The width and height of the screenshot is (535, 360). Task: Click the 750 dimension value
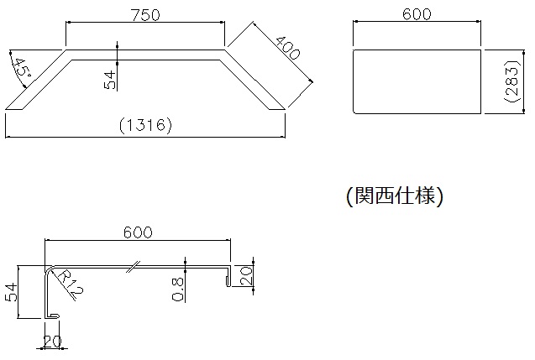(x=145, y=14)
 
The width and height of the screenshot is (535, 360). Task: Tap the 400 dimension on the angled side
(x=287, y=47)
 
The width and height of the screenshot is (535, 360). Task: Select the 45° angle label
(x=24, y=68)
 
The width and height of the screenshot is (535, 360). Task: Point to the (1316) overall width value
(x=145, y=125)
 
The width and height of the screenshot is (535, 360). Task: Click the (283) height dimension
(x=513, y=81)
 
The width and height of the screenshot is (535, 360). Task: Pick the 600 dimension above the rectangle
(x=417, y=14)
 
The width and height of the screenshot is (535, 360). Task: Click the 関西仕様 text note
(x=395, y=196)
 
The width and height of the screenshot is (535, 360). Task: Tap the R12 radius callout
(x=70, y=285)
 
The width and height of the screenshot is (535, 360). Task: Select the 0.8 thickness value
(x=178, y=290)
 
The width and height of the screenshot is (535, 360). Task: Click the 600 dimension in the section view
(x=138, y=232)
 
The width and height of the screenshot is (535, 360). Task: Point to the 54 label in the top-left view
(x=110, y=80)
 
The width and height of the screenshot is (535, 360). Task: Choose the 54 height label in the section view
(x=11, y=292)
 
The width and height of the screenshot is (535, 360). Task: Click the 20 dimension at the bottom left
(x=52, y=342)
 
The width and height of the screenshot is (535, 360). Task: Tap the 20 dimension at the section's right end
(x=246, y=276)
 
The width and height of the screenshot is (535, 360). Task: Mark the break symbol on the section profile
(x=133, y=267)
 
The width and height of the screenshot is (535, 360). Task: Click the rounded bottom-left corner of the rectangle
(x=355, y=111)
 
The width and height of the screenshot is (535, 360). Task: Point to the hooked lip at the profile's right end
(x=228, y=275)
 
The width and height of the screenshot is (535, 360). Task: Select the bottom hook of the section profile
(x=52, y=316)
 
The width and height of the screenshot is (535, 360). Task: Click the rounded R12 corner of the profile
(x=49, y=269)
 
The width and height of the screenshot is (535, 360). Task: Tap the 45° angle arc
(x=16, y=72)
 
